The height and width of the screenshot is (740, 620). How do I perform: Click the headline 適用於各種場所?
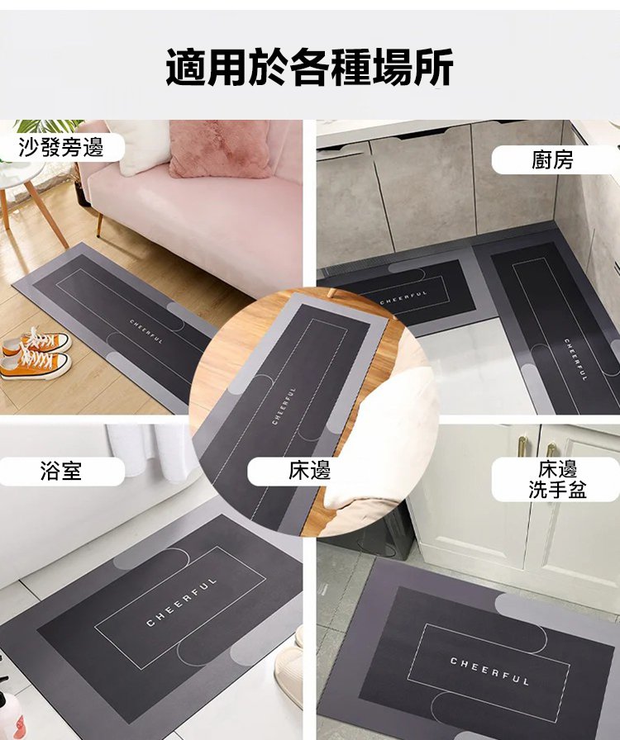click(x=309, y=67)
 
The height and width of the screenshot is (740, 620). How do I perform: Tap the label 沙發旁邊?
click(x=61, y=147)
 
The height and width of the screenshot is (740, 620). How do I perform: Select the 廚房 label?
click(x=552, y=160)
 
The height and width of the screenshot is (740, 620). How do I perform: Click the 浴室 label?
click(x=61, y=471)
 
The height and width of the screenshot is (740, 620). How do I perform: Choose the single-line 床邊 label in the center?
click(x=309, y=471)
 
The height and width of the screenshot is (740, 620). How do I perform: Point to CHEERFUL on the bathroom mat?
click(x=182, y=601)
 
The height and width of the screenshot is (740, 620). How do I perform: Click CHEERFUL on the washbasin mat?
click(x=489, y=671)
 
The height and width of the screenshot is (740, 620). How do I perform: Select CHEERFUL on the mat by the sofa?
click(x=146, y=331)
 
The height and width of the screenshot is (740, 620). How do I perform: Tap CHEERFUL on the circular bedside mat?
click(x=284, y=406)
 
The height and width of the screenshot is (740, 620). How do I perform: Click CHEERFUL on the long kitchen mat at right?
click(x=575, y=359)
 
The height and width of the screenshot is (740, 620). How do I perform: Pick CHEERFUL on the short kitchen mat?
click(x=403, y=296)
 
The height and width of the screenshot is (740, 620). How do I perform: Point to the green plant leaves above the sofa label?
click(x=45, y=127)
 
